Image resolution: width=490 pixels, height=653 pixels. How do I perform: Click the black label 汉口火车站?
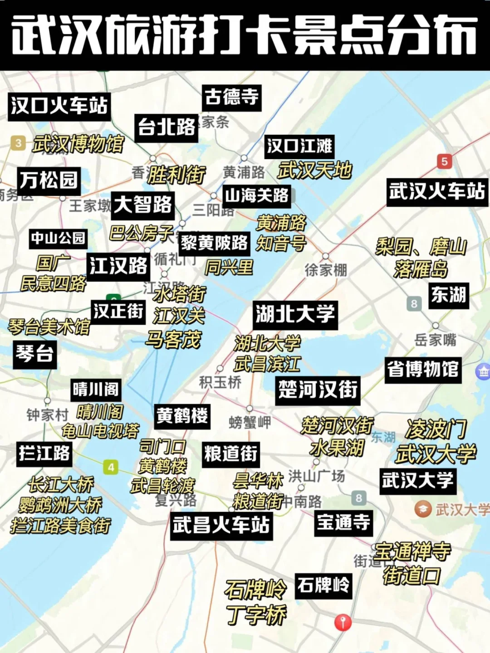click(x=59, y=106)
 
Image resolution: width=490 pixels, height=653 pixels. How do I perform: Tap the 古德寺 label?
click(x=231, y=97)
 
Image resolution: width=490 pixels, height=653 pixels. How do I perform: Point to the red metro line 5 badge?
click(x=444, y=161)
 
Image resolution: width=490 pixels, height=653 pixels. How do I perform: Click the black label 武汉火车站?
click(x=437, y=191)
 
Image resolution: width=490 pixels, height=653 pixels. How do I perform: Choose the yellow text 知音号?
click(x=281, y=244)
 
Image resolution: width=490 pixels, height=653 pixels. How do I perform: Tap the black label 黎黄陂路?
click(x=215, y=243)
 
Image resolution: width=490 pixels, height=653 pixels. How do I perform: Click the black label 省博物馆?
click(x=423, y=369)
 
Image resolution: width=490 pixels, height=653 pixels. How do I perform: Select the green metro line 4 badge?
click(x=111, y=467)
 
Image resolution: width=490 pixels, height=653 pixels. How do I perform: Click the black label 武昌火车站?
click(x=221, y=525)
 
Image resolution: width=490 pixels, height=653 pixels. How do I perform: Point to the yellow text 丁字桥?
click(x=256, y=615)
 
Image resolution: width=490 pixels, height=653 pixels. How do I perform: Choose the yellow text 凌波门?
click(x=436, y=429)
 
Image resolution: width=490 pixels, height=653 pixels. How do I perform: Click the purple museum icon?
click(x=482, y=371)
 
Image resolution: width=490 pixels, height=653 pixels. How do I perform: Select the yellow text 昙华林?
click(x=258, y=480)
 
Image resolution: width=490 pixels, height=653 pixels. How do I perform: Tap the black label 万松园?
click(x=49, y=180)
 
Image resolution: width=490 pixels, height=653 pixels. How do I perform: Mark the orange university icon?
click(x=423, y=509)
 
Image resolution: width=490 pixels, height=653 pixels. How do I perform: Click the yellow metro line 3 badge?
click(x=18, y=143)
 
